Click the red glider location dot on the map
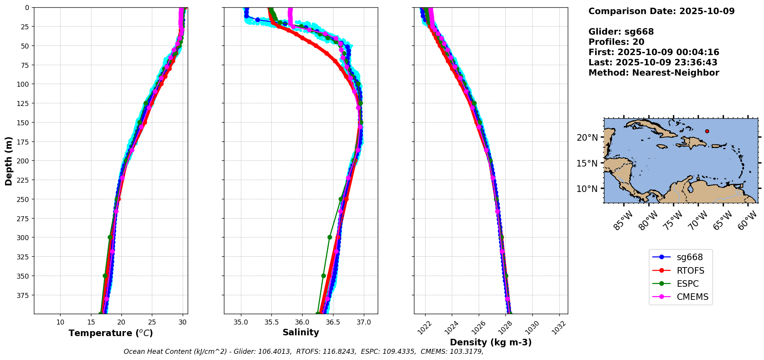[707, 131]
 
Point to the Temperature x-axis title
[111, 333]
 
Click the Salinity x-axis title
[301, 332]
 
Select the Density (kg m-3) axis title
[491, 342]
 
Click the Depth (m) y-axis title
[8, 161]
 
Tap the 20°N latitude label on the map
[587, 138]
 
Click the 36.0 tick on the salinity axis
[302, 322]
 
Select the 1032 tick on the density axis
[559, 327]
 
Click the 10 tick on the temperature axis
[61, 322]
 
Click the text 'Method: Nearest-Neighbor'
[654, 72]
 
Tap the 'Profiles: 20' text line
[616, 42]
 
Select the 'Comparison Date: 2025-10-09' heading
[661, 11]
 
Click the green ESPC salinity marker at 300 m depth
[330, 237]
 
